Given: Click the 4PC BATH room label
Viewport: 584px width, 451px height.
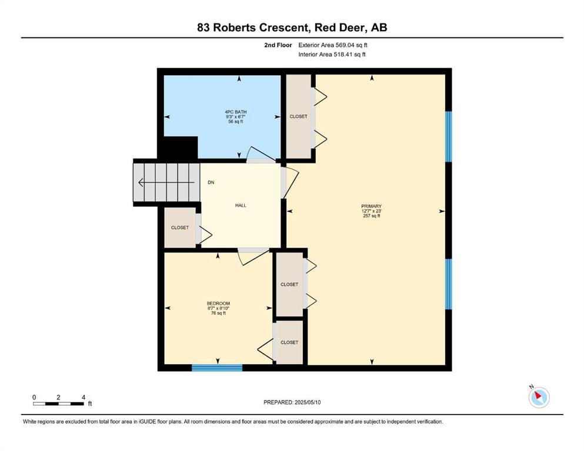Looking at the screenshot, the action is pyautogui.click(x=235, y=112).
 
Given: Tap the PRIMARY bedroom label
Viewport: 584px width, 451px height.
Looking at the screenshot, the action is pyautogui.click(x=371, y=206).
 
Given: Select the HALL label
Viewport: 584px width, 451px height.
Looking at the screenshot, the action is pyautogui.click(x=241, y=205).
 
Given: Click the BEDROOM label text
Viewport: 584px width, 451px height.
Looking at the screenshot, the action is pyautogui.click(x=218, y=304).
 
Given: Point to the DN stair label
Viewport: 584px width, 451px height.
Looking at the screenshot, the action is pyautogui.click(x=211, y=183).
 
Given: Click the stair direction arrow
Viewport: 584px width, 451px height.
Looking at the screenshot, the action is pyautogui.click(x=166, y=183).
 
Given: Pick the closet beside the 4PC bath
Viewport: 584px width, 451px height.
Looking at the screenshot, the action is pyautogui.click(x=298, y=116).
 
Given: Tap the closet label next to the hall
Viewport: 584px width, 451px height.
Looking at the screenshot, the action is pyautogui.click(x=180, y=227).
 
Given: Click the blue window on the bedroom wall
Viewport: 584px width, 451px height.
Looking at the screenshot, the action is pyautogui.click(x=217, y=368).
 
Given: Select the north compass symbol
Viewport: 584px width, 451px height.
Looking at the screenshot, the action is pyautogui.click(x=539, y=397).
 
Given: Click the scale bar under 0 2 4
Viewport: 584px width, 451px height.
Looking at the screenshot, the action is pyautogui.click(x=58, y=403).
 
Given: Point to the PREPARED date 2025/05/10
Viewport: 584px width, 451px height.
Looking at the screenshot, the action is pyautogui.click(x=292, y=402).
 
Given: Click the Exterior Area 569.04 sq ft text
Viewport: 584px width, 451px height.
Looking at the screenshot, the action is pyautogui.click(x=333, y=45).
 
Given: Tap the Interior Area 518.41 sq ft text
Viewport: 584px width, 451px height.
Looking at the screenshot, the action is pyautogui.click(x=332, y=54).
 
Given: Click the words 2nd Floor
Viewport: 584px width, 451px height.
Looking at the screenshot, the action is pyautogui.click(x=278, y=45).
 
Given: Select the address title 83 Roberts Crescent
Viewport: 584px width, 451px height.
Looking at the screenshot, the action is pyautogui.click(x=253, y=28).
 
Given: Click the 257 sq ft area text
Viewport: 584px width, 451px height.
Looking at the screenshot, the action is pyautogui.click(x=371, y=216).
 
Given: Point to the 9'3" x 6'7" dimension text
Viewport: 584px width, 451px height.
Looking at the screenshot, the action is pyautogui.click(x=235, y=117).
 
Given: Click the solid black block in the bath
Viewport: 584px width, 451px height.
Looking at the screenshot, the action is pyautogui.click(x=178, y=147).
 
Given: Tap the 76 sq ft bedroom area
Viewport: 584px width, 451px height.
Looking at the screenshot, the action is pyautogui.click(x=218, y=313).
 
